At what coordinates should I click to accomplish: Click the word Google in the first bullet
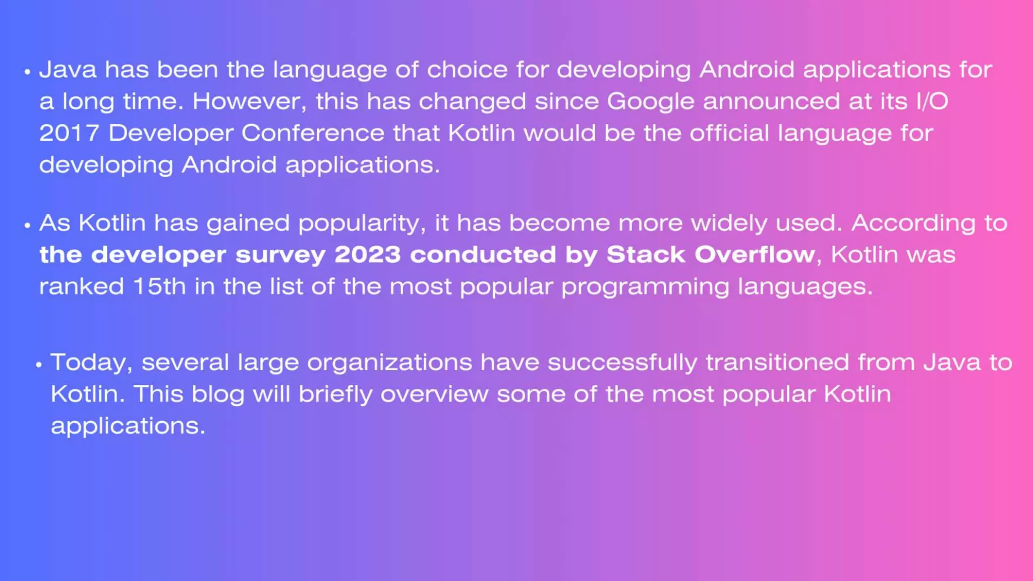(x=650, y=102)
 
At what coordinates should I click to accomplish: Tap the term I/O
(x=932, y=101)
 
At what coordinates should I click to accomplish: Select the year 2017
(x=69, y=133)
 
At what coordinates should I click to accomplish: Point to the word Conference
(x=313, y=133)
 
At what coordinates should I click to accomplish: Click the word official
(x=729, y=133)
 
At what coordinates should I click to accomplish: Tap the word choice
(x=467, y=70)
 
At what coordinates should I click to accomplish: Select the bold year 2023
(x=367, y=255)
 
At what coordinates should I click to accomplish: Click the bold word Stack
(x=646, y=255)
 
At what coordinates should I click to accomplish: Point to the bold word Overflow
(x=755, y=255)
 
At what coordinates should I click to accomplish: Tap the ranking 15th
(x=159, y=286)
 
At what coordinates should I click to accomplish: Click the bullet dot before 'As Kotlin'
(x=27, y=225)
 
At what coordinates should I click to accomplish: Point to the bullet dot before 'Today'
(x=39, y=364)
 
